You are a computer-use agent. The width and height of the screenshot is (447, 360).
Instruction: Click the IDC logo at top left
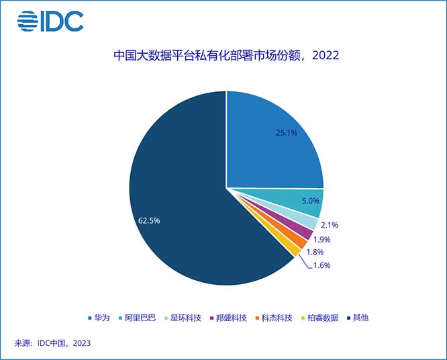(x=50, y=21)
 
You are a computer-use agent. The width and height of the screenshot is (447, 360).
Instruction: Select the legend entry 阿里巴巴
(x=138, y=318)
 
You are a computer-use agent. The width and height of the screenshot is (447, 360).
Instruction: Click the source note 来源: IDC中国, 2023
(x=52, y=343)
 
